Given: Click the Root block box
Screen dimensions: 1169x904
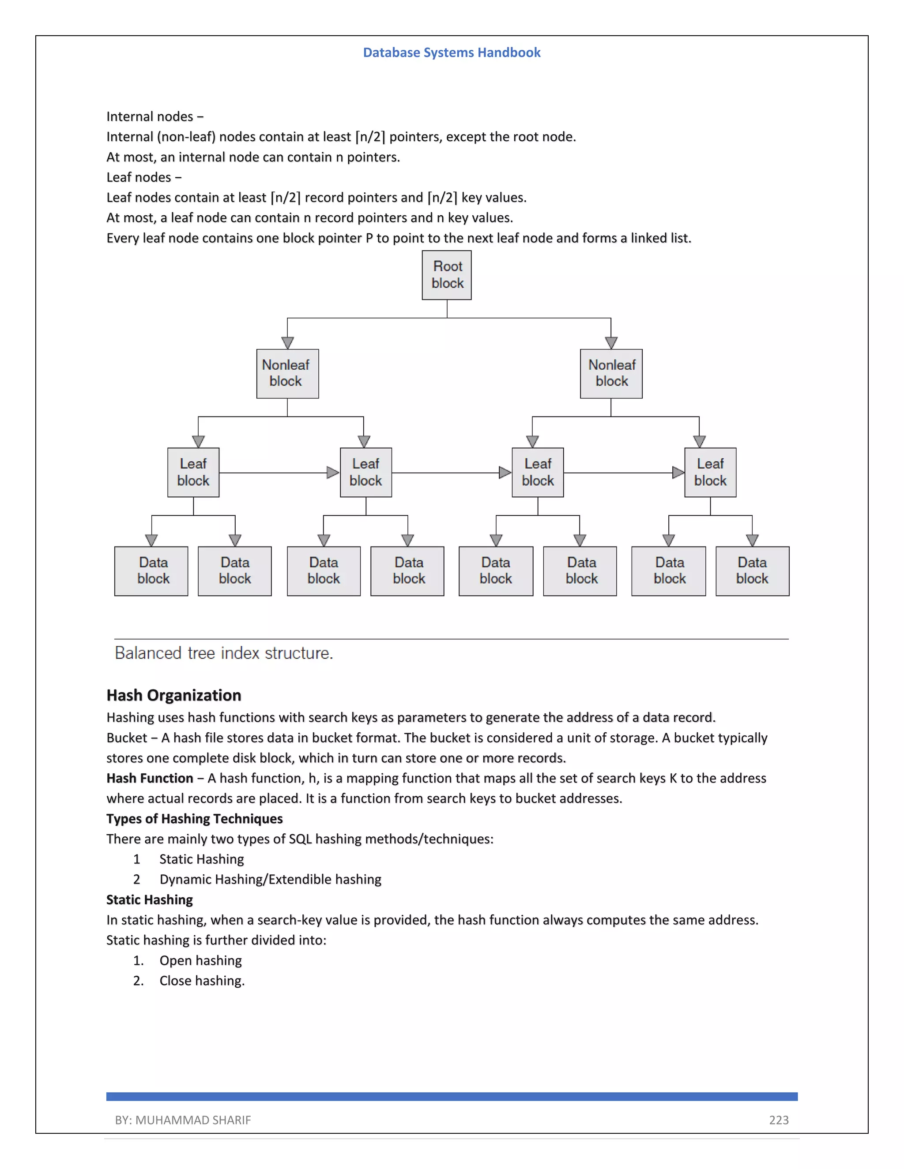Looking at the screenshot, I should point(447,275).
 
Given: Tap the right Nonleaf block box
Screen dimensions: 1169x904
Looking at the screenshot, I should point(611,374).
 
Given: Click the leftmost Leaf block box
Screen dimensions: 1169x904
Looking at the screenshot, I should point(193,472).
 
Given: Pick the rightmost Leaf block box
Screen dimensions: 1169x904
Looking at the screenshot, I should point(710,472).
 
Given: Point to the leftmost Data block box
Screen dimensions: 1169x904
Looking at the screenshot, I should point(151,570).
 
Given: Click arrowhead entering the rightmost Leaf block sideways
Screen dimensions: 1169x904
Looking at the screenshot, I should point(678,472).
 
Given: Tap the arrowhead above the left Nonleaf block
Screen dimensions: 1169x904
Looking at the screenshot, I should point(288,343).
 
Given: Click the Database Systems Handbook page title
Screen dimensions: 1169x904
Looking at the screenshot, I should point(452,52).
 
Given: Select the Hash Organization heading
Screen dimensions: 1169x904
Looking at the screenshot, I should point(173,695).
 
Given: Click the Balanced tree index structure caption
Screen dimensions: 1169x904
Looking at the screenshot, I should point(224,653).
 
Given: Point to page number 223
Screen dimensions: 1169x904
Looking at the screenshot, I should point(779,1120).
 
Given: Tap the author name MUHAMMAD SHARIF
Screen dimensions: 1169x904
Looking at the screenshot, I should point(193,1120).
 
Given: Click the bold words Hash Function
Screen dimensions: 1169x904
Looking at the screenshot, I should point(150,778).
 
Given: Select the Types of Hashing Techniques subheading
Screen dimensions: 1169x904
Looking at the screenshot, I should point(194,818).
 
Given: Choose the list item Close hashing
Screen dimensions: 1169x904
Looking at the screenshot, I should point(202,980).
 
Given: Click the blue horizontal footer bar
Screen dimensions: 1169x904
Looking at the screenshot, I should point(452,1096).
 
